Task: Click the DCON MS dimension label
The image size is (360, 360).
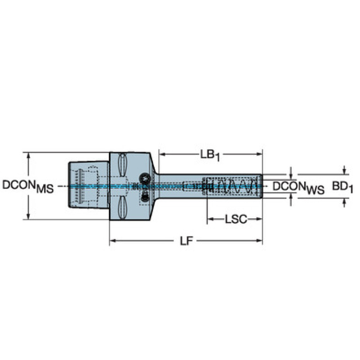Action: (28, 186)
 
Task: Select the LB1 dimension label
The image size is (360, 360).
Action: (210, 155)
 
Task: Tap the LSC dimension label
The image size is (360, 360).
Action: (236, 219)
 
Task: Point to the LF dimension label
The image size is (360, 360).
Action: (186, 241)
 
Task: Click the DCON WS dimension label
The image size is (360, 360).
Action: (299, 187)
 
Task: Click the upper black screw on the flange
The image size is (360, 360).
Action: (145, 178)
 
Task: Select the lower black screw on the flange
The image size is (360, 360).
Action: (145, 197)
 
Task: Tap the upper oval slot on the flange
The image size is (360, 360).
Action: (123, 165)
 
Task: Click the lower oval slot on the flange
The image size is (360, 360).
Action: (123, 208)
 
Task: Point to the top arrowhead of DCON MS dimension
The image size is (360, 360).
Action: (29, 155)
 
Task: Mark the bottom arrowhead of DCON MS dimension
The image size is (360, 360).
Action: (29, 216)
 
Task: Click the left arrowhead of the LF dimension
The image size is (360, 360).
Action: (113, 241)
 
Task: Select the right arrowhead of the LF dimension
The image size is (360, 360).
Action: (259, 241)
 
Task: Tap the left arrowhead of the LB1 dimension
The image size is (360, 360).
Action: (162, 154)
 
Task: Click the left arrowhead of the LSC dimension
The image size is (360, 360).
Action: (210, 219)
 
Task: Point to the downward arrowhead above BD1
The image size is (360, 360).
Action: (344, 171)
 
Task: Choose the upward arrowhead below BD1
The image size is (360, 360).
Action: (344, 201)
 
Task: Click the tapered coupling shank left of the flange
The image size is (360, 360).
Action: (89, 185)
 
